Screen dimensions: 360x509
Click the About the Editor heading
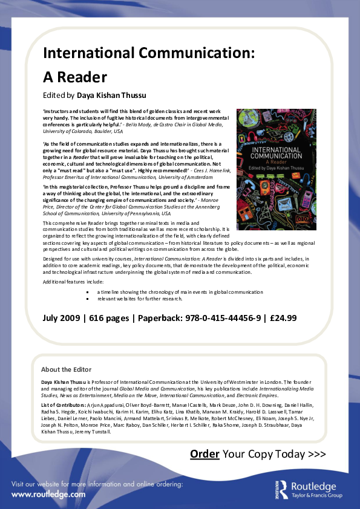(x=66, y=369)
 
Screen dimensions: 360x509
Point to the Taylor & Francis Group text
(x=316, y=496)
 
